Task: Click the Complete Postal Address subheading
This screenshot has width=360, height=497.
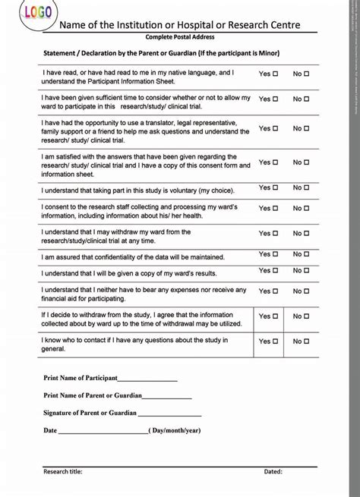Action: point(179,36)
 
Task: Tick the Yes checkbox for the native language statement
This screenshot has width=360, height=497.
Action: point(275,74)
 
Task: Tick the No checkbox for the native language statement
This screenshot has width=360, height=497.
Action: point(308,74)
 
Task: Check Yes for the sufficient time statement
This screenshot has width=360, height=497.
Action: point(275,99)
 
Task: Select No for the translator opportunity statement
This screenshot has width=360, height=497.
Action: point(308,128)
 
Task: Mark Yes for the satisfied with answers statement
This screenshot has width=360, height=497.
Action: point(275,162)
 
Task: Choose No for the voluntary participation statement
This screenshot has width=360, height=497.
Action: point(308,187)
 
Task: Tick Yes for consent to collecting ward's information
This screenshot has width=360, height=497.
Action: point(275,208)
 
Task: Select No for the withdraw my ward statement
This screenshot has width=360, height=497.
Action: point(308,234)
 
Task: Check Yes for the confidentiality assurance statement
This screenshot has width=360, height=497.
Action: point(275,254)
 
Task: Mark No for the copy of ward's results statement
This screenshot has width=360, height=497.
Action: point(308,271)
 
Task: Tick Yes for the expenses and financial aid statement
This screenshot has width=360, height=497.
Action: point(275,291)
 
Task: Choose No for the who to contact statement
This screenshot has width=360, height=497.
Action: point(308,341)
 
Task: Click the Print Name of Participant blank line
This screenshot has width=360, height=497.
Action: point(147,379)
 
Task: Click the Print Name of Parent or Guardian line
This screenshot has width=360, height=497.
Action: point(166,396)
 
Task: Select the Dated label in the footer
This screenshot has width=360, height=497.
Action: point(273,471)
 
